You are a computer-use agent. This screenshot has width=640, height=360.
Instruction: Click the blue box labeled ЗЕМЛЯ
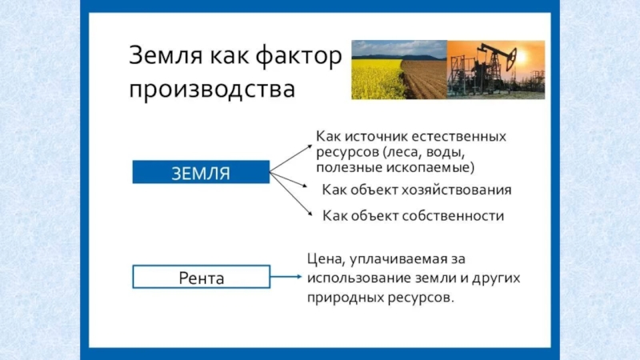pyautogui.click(x=201, y=172)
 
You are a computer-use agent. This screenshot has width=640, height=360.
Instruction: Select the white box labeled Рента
pyautogui.click(x=201, y=278)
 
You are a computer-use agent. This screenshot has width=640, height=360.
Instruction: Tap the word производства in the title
pyautogui.click(x=211, y=86)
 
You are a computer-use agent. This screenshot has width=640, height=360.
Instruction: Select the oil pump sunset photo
pyautogui.click(x=495, y=70)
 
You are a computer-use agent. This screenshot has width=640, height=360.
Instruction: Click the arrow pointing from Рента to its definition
pyautogui.click(x=286, y=277)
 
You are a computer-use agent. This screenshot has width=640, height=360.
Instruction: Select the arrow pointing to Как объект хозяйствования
pyautogui.click(x=290, y=181)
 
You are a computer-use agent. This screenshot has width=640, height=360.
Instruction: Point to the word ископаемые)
pyautogui.click(x=430, y=167)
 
